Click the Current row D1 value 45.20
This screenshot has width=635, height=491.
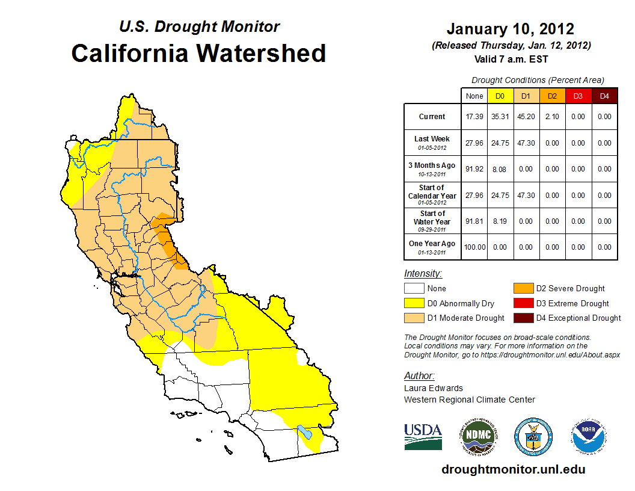526,117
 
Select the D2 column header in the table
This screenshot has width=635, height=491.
552,96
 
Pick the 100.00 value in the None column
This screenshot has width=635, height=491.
474,247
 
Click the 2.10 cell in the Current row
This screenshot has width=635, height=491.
552,117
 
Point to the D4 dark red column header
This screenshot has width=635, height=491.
604,96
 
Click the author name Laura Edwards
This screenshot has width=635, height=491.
434,388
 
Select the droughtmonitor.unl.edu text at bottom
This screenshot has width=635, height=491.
513,469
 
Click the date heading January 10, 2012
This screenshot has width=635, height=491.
511,29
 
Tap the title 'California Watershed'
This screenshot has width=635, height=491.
198,53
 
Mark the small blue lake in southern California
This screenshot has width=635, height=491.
305,433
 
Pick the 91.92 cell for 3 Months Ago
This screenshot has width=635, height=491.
474,169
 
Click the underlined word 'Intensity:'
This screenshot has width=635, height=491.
423,273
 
